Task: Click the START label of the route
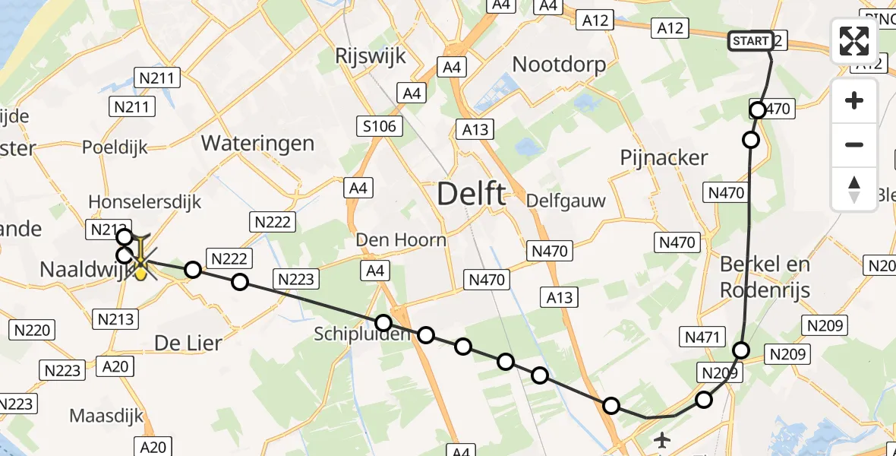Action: click(x=751, y=41)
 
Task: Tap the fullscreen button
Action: click(x=854, y=41)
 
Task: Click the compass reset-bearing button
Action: click(x=854, y=189)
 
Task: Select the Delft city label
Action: click(x=471, y=195)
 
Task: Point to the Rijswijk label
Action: click(x=371, y=56)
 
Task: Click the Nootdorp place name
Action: click(x=560, y=64)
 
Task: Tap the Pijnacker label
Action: click(x=664, y=158)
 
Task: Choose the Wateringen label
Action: click(x=257, y=143)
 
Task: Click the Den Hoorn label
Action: click(x=402, y=240)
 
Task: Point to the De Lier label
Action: click(x=188, y=343)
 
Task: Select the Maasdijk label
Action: click(x=106, y=416)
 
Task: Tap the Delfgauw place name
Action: click(x=566, y=201)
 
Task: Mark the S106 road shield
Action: click(x=380, y=126)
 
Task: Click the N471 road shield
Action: click(x=702, y=337)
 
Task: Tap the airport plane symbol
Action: click(x=663, y=439)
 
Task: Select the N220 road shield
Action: click(x=32, y=330)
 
